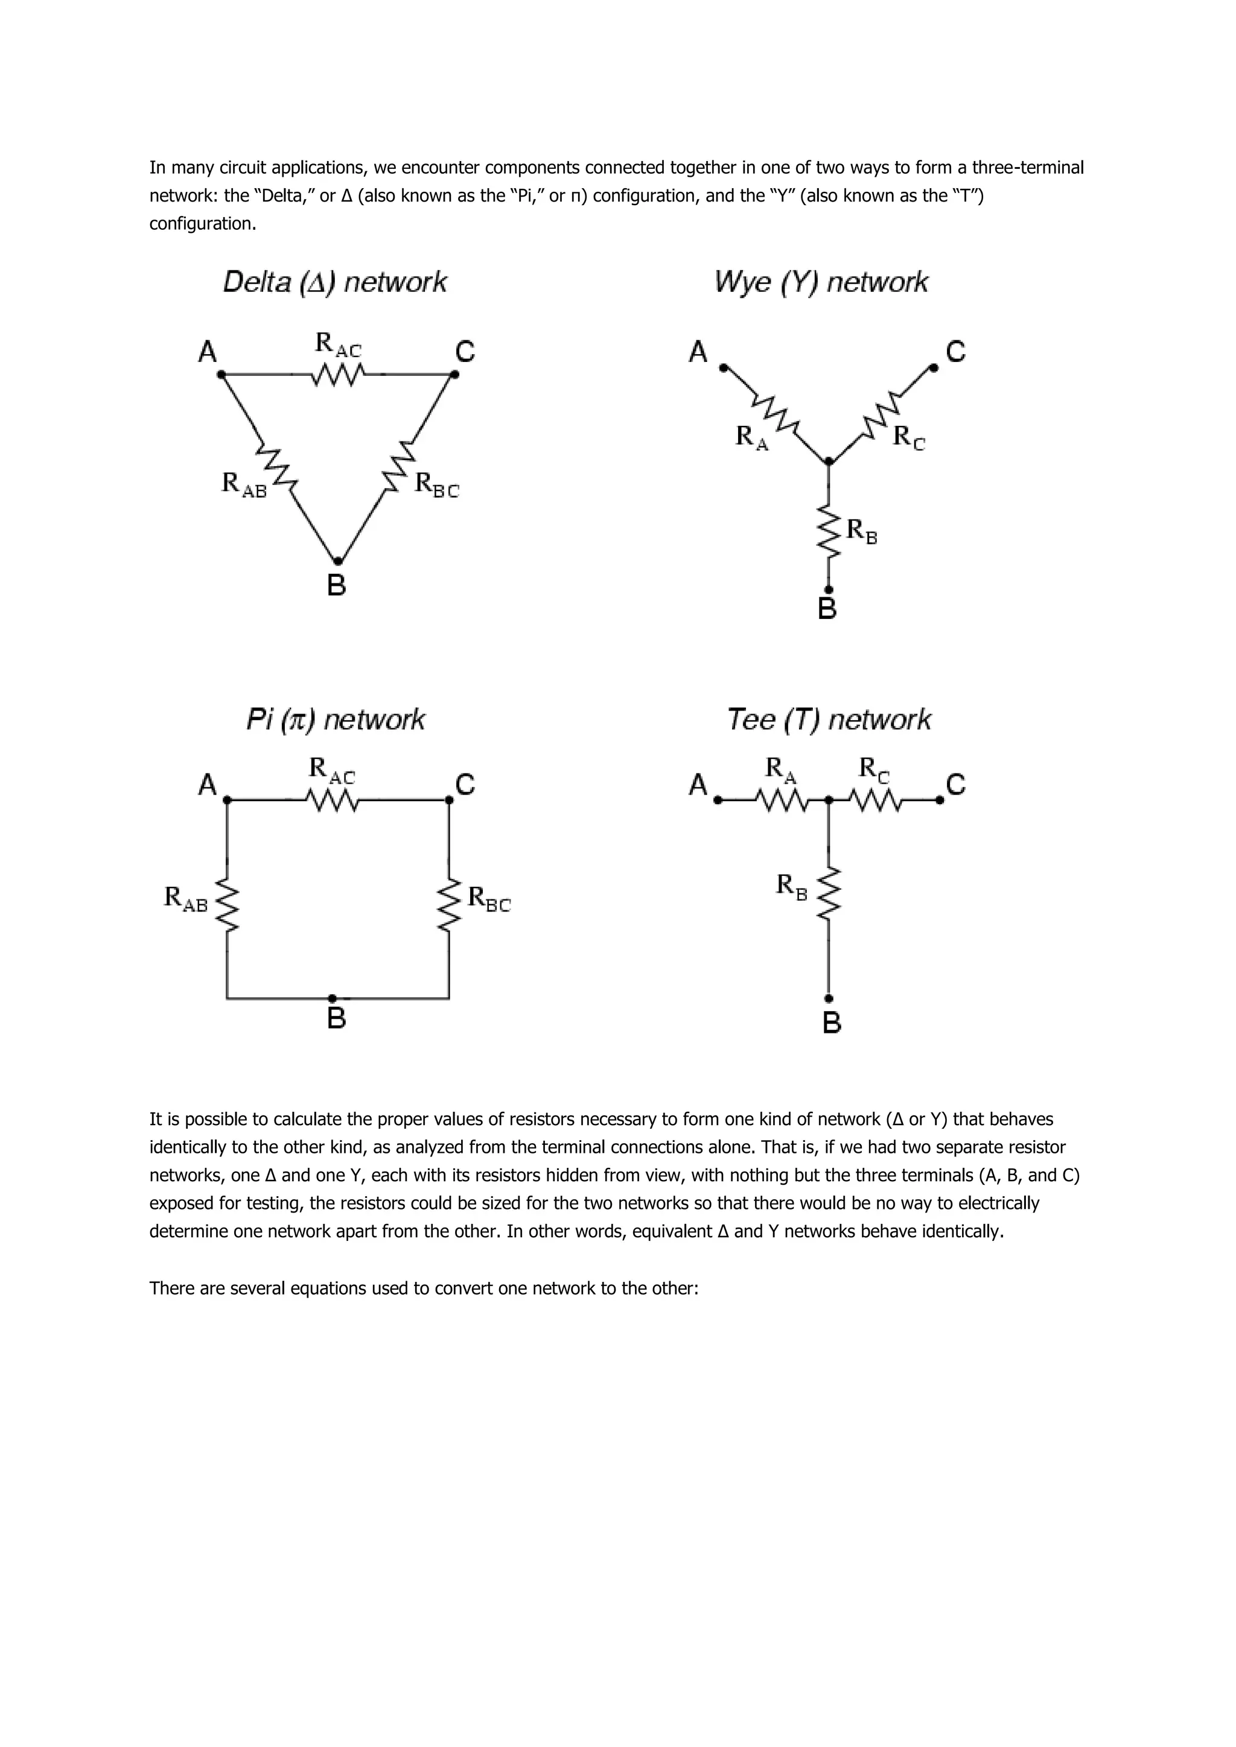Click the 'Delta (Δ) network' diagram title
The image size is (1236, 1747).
click(335, 282)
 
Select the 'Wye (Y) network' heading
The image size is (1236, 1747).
click(821, 282)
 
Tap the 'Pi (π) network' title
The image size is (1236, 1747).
click(335, 719)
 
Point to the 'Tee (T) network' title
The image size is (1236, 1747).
click(828, 719)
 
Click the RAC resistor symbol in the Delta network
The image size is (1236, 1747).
click(338, 375)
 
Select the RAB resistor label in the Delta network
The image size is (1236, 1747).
click(244, 484)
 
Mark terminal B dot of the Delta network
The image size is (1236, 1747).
click(338, 562)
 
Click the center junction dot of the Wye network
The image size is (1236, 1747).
click(829, 461)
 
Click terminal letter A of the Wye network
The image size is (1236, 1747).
click(698, 352)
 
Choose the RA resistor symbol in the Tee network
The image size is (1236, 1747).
click(780, 801)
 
